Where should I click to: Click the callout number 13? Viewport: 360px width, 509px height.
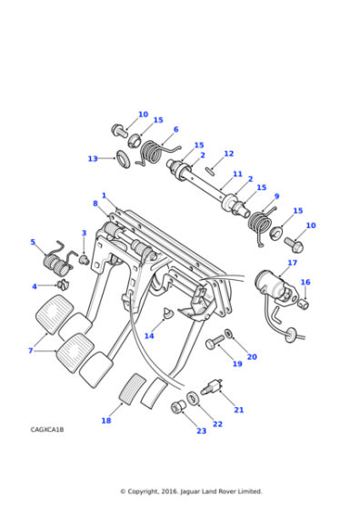93,159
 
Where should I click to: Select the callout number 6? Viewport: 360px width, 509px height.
175,130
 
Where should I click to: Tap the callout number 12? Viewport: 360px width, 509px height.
228,154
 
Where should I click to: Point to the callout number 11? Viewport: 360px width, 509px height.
237,174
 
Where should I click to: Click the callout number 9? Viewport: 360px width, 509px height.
276,196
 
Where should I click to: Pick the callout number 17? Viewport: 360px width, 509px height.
292,264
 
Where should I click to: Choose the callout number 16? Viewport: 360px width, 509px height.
305,283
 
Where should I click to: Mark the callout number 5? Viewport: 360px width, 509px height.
33,243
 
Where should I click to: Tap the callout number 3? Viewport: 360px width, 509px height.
84,234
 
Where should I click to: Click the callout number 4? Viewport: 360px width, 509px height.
35,286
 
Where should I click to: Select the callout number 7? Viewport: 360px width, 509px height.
30,351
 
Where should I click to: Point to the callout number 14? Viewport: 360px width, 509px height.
149,336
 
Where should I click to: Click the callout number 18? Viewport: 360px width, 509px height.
106,421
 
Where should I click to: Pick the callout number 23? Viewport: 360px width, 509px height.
201,431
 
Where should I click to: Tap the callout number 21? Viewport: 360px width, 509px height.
239,410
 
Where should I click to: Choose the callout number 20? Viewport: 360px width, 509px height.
252,357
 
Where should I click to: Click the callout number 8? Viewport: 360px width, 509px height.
95,204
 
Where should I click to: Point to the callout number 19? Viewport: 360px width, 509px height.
236,364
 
